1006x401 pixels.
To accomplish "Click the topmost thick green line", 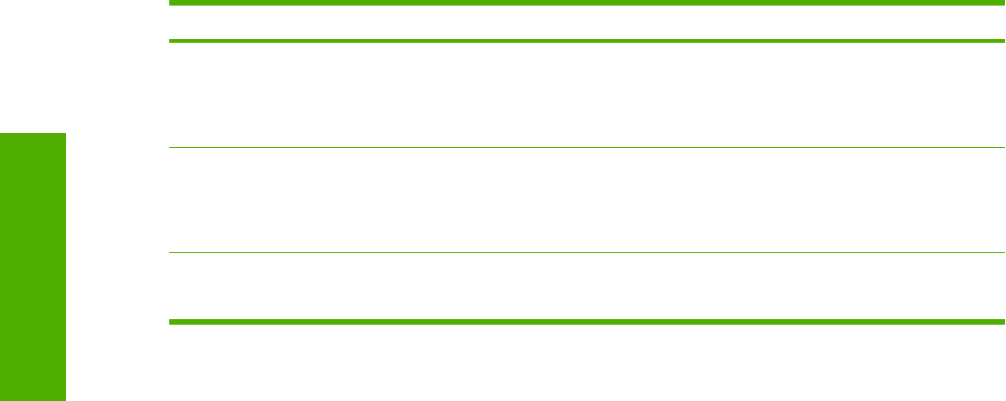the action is click(x=586, y=4).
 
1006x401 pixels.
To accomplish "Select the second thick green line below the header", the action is click(x=586, y=41).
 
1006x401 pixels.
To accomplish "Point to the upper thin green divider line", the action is click(x=586, y=147).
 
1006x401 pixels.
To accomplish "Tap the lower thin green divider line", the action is click(x=586, y=252).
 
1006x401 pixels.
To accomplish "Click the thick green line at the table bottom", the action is click(x=586, y=322).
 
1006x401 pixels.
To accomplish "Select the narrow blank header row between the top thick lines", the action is click(x=586, y=22).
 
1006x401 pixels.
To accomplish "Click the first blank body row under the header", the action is click(x=586, y=94).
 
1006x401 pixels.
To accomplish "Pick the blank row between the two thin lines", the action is click(x=586, y=200).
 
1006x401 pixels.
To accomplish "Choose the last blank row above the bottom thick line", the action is click(x=586, y=287).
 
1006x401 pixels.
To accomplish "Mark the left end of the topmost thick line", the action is click(x=171, y=4).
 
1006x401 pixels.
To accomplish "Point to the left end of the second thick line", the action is click(x=171, y=41).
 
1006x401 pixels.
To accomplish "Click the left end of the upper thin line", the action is click(x=171, y=147).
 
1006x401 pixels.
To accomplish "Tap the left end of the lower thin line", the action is click(x=171, y=252).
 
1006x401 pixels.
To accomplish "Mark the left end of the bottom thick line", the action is click(x=171, y=322).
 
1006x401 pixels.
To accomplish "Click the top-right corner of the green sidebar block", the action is click(x=66, y=134).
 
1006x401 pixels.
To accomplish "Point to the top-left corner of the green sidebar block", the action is click(x=1, y=134).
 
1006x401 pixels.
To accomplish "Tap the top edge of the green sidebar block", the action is click(x=33, y=134).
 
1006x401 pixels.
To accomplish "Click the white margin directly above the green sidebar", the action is click(x=33, y=65).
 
